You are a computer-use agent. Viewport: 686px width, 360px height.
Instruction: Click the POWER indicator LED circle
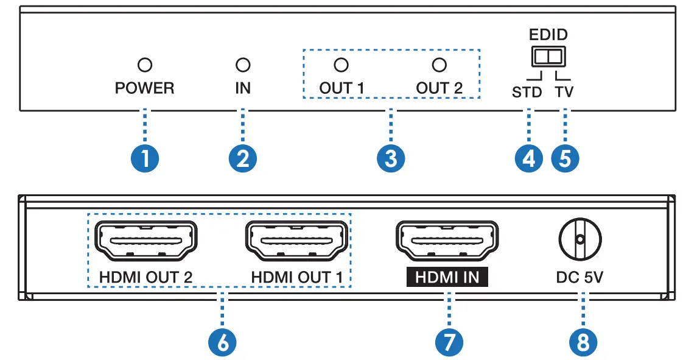coord(145,65)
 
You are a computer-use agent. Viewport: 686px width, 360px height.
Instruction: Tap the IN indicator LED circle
coord(243,65)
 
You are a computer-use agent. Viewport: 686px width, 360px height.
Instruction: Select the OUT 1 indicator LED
coord(341,65)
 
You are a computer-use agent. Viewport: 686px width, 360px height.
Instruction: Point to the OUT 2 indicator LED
coord(439,65)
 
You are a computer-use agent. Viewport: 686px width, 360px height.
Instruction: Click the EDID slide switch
coord(548,57)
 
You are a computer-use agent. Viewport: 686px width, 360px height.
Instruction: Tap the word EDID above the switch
coord(548,34)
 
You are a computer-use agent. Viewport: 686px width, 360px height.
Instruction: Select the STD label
coord(527,93)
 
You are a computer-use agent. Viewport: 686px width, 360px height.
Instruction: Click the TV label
coord(564,93)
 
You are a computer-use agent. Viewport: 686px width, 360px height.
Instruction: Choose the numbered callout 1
coord(145,159)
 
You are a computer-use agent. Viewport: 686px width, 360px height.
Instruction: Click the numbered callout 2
coord(243,159)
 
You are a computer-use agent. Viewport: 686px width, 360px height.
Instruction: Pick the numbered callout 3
coord(390,159)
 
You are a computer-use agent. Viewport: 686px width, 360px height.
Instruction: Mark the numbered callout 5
coord(565,159)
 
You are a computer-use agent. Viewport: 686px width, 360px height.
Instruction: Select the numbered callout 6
coord(222,342)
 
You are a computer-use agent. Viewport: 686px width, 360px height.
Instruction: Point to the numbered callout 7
coord(449,342)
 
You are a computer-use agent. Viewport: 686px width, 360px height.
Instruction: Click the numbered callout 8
coord(583,342)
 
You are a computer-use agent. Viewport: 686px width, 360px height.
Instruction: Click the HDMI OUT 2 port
coord(145,241)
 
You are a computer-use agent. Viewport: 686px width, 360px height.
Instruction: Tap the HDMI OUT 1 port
coord(297,241)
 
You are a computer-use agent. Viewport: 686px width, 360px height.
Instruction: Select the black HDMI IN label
coord(447,278)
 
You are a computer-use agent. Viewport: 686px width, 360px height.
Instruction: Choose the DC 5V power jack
coord(579,239)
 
